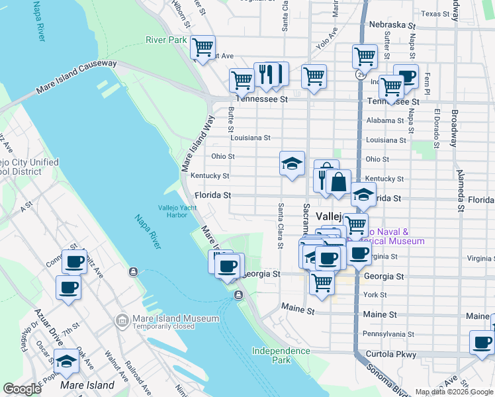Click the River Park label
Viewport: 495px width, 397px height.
click(166, 40)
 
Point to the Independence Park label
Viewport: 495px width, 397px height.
click(281, 355)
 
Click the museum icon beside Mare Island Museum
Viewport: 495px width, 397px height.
click(122, 321)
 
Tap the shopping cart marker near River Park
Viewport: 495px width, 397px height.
click(202, 48)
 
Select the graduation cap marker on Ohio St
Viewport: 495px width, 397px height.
click(292, 163)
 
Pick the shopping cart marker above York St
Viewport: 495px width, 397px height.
click(322, 282)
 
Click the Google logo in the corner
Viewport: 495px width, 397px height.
click(22, 389)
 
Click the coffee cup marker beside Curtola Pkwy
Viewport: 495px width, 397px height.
click(482, 343)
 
